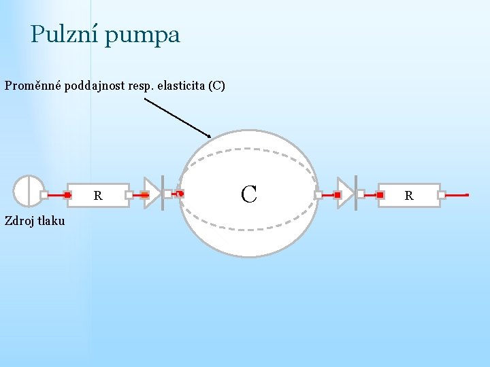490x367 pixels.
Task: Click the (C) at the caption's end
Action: click(217, 86)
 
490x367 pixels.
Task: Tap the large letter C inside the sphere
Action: click(248, 194)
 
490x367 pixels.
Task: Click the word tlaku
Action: click(51, 220)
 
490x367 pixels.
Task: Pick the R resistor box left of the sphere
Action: click(98, 195)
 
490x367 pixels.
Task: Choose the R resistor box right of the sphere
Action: click(409, 195)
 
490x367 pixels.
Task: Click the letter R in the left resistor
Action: click(98, 196)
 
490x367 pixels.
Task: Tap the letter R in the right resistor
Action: click(409, 196)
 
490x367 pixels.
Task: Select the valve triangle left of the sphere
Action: click(151, 194)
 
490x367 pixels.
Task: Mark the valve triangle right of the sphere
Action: click(345, 194)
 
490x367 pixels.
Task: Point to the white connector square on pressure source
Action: click(44, 194)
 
